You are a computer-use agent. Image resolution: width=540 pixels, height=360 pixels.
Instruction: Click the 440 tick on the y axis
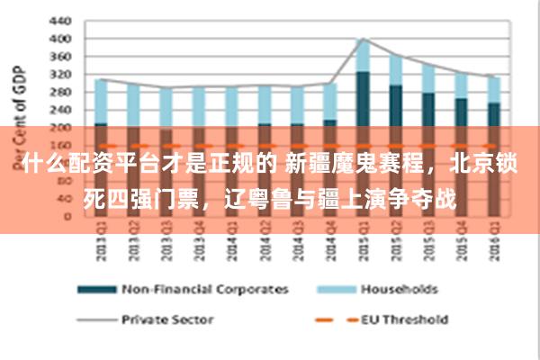(x=58, y=20)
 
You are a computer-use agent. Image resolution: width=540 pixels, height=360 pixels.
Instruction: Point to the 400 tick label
(x=58, y=39)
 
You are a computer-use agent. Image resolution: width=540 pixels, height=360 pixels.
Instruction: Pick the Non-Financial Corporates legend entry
(x=204, y=290)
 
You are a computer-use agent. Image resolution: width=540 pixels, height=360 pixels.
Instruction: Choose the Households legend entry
(x=399, y=290)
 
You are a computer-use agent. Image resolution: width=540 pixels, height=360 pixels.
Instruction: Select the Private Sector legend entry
(x=166, y=319)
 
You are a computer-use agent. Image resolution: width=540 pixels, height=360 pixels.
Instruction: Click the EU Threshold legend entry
(x=404, y=319)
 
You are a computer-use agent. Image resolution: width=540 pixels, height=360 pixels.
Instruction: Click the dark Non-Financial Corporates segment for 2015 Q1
(x=363, y=99)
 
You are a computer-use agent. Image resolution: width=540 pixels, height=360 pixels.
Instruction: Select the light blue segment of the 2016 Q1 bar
(x=494, y=89)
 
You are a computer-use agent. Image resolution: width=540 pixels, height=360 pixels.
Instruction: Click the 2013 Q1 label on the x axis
(x=102, y=241)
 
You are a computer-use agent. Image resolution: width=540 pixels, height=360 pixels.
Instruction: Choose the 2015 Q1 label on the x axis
(x=364, y=241)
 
